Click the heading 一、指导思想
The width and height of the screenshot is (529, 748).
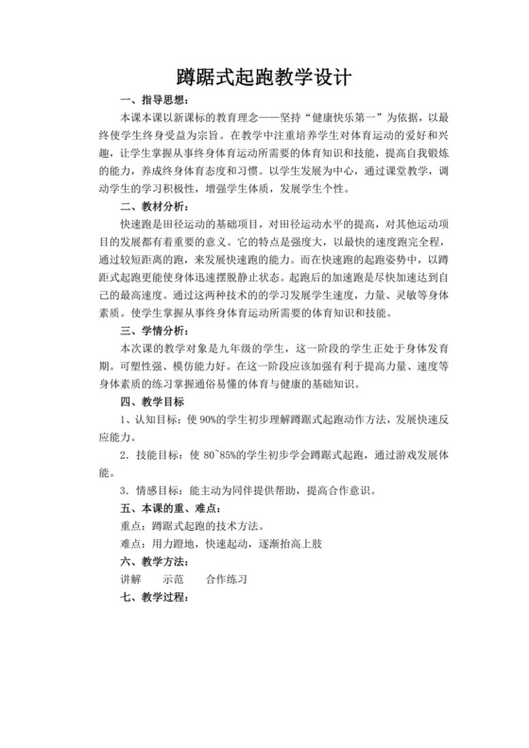[156, 102]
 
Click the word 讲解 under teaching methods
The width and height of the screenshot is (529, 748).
[129, 577]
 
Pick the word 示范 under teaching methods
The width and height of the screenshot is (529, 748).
[174, 577]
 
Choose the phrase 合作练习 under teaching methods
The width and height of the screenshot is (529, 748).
[227, 577]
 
